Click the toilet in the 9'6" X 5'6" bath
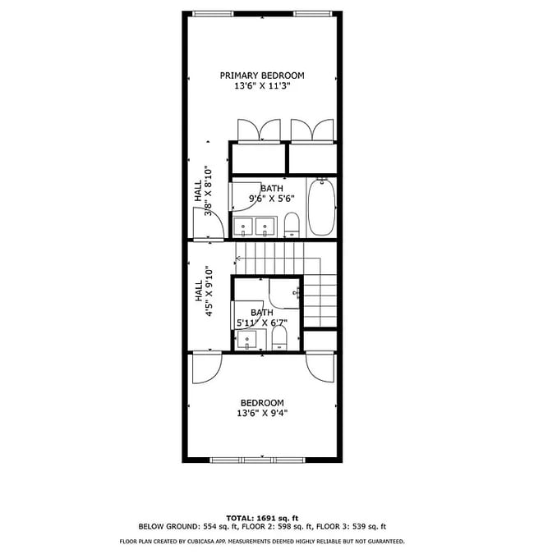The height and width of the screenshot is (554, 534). click(292, 224)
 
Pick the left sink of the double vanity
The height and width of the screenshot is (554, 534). click(244, 226)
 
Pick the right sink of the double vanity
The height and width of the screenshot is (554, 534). click(265, 226)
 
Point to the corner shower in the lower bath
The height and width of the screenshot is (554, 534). click(287, 292)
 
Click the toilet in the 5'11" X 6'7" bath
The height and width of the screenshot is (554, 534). click(279, 338)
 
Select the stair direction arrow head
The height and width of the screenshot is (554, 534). click(238, 259)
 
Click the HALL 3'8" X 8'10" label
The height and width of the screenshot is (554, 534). click(203, 191)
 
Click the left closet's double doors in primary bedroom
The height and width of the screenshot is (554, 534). click(258, 130)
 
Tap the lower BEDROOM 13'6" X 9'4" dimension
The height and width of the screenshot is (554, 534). click(262, 414)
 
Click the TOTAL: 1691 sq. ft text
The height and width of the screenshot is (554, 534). click(262, 518)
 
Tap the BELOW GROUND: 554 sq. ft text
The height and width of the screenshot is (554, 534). click(179, 527)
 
